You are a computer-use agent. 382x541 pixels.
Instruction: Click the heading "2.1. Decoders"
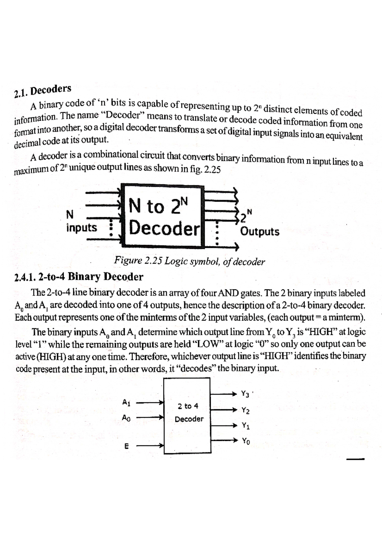point(43,91)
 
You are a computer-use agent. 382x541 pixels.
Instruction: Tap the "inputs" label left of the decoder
point(82,227)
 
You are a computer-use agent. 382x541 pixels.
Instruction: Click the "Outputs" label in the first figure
point(260,231)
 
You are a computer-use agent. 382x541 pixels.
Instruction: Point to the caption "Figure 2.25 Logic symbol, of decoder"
point(189,261)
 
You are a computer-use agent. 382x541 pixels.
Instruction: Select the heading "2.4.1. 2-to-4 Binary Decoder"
point(79,277)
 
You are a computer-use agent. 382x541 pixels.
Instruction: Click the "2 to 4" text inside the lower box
point(188,406)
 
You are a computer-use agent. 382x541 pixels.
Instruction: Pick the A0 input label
point(126,417)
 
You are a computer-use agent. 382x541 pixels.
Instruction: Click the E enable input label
point(126,446)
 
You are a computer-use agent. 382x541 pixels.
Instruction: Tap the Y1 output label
point(245,425)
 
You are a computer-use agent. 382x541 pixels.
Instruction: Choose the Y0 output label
point(246,441)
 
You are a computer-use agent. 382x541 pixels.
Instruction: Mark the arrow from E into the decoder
point(150,446)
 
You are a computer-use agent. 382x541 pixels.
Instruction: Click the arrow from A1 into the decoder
point(150,403)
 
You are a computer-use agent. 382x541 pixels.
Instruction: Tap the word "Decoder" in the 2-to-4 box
point(189,419)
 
